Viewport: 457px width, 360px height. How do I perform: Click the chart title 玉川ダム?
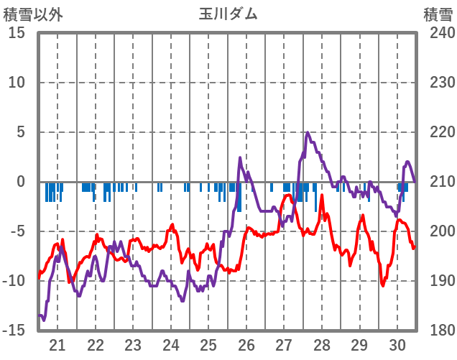point(228,14)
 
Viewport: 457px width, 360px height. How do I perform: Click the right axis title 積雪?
point(438,14)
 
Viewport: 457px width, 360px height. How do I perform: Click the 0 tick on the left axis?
point(21,182)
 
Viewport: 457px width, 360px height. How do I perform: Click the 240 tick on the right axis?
point(438,33)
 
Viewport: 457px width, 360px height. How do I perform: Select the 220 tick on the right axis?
point(438,132)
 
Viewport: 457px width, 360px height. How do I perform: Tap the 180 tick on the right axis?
point(438,331)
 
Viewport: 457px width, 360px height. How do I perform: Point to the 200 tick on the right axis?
point(438,231)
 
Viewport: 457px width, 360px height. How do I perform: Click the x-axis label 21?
point(57,344)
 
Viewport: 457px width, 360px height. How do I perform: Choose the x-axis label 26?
point(246,344)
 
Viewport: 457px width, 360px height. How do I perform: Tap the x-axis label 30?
point(397,344)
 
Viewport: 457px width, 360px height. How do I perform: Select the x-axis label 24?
point(170,344)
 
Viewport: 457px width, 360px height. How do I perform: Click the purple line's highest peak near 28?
point(308,133)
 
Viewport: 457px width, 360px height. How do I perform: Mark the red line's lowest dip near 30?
point(383,285)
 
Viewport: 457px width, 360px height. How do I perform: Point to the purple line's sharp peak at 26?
point(240,157)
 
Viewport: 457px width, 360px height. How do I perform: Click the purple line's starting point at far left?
point(39,315)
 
